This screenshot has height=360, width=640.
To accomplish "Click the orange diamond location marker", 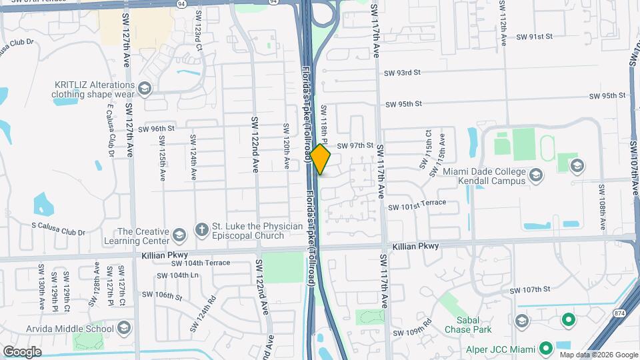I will tap(321, 160).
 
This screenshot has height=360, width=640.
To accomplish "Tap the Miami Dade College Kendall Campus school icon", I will tap(536, 176).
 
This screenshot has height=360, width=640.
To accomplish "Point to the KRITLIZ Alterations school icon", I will tap(145, 88).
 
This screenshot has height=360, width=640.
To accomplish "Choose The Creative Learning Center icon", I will tap(179, 235).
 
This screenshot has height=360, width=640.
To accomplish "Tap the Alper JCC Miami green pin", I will tap(545, 349).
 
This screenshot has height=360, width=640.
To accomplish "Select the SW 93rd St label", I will tap(402, 72).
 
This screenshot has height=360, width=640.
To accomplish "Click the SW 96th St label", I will tap(158, 128).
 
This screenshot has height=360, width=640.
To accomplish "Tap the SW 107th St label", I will tap(530, 289).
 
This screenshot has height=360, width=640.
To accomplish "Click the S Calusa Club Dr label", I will tap(59, 233).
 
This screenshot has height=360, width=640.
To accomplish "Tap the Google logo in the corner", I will tap(22, 351).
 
